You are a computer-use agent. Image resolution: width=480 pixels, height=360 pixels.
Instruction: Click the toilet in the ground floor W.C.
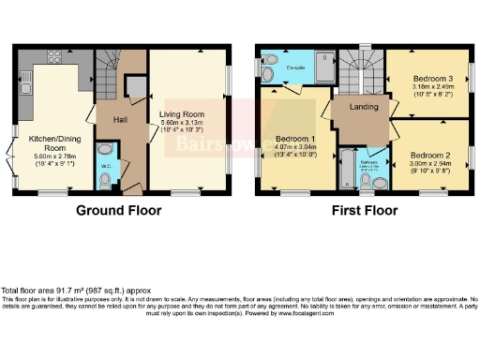106,150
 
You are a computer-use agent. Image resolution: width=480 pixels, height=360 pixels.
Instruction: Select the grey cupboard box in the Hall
135,88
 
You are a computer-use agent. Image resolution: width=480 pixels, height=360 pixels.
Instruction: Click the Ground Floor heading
122,211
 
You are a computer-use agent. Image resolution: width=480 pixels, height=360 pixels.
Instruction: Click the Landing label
362,107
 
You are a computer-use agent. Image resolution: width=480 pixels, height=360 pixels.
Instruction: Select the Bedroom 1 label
294,139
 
